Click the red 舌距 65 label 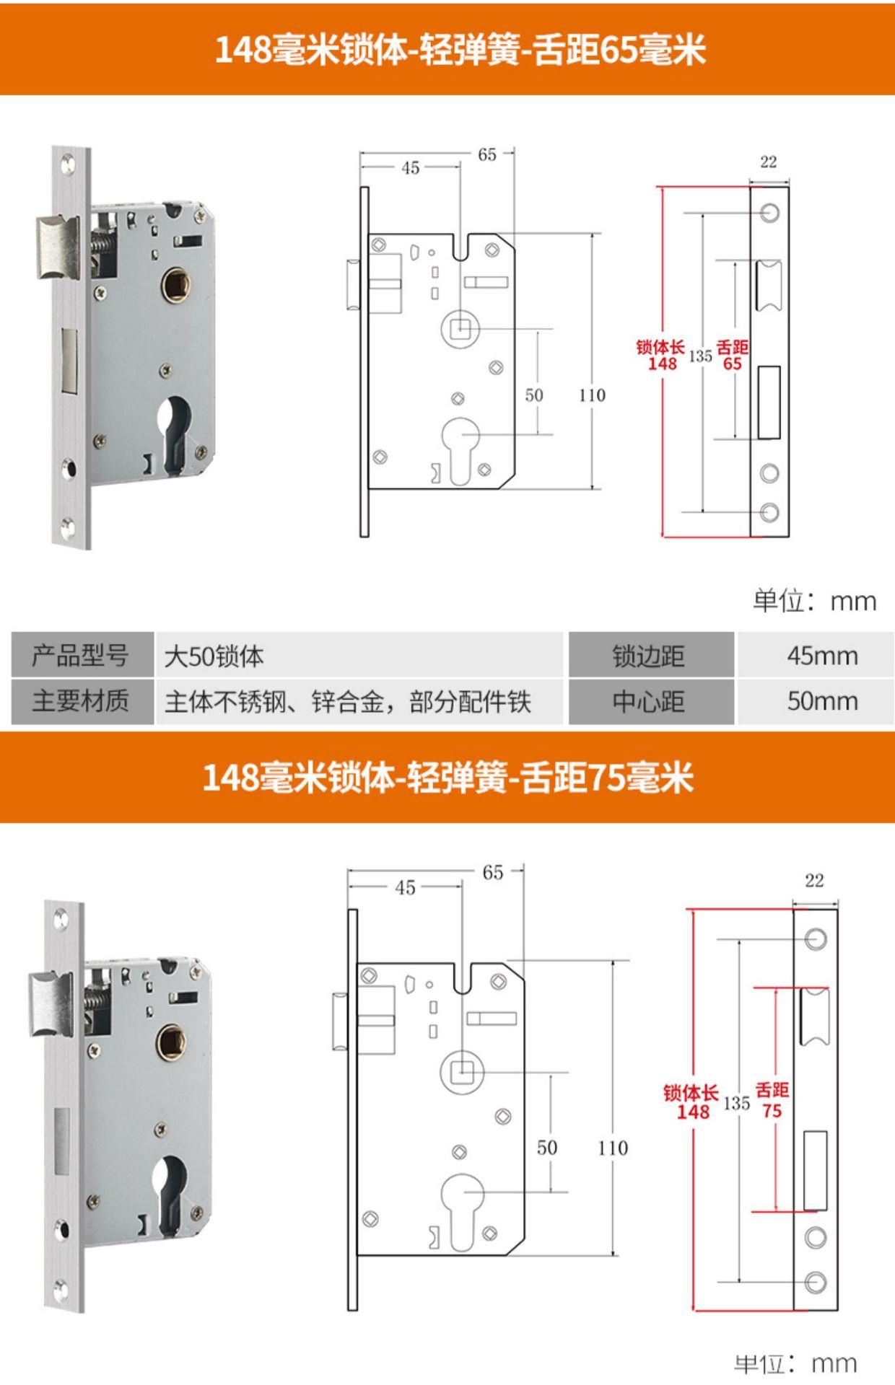click(732, 356)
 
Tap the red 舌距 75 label click(772, 1101)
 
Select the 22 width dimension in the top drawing click(769, 162)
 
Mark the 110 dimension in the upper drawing click(592, 395)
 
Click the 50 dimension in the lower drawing click(546, 1148)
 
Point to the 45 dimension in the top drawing click(410, 168)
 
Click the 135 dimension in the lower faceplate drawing click(736, 1103)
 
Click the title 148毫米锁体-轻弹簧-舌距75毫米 click(447, 778)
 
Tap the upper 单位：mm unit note click(814, 601)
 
